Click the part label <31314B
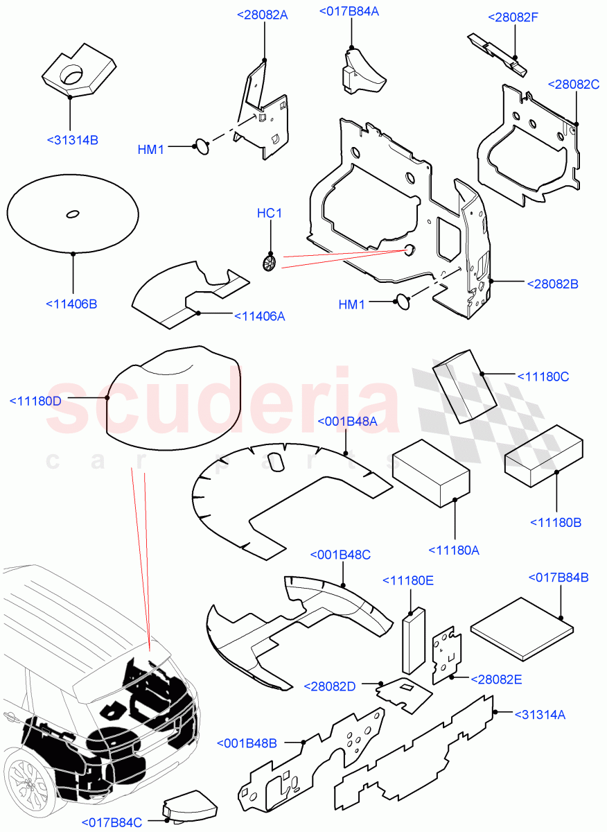pos(73,140)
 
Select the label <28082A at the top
pos(262,15)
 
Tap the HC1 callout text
pos(270,214)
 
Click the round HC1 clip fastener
pos(270,262)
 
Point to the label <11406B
pos(71,303)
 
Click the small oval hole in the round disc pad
pos(72,214)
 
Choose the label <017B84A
pos(359,10)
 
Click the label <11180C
pos(543,376)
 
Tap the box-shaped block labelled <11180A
pos(431,471)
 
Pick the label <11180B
pos(556,522)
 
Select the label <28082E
pos(496,679)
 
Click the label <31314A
pos(540,714)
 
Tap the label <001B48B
pos(247,743)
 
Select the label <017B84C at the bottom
pos(112,822)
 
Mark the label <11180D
pos(35,401)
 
